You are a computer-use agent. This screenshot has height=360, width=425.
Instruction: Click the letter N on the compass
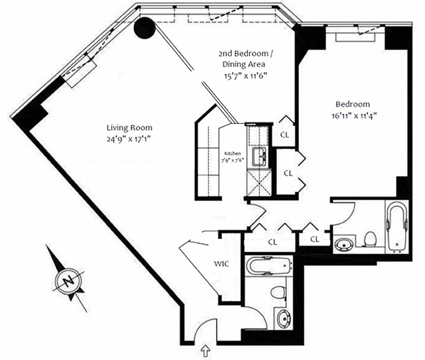pyautogui.click(x=68, y=282)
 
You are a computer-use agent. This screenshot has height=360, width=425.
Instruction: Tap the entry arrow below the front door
pyautogui.click(x=206, y=349)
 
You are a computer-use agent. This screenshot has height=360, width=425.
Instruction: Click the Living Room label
pyautogui.click(x=129, y=128)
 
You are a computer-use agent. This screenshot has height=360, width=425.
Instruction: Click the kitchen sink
pyautogui.click(x=259, y=157)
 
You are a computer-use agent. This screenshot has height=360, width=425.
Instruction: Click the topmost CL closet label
pyautogui.click(x=284, y=134)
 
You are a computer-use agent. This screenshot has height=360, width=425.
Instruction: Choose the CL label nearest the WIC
pyautogui.click(x=273, y=242)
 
